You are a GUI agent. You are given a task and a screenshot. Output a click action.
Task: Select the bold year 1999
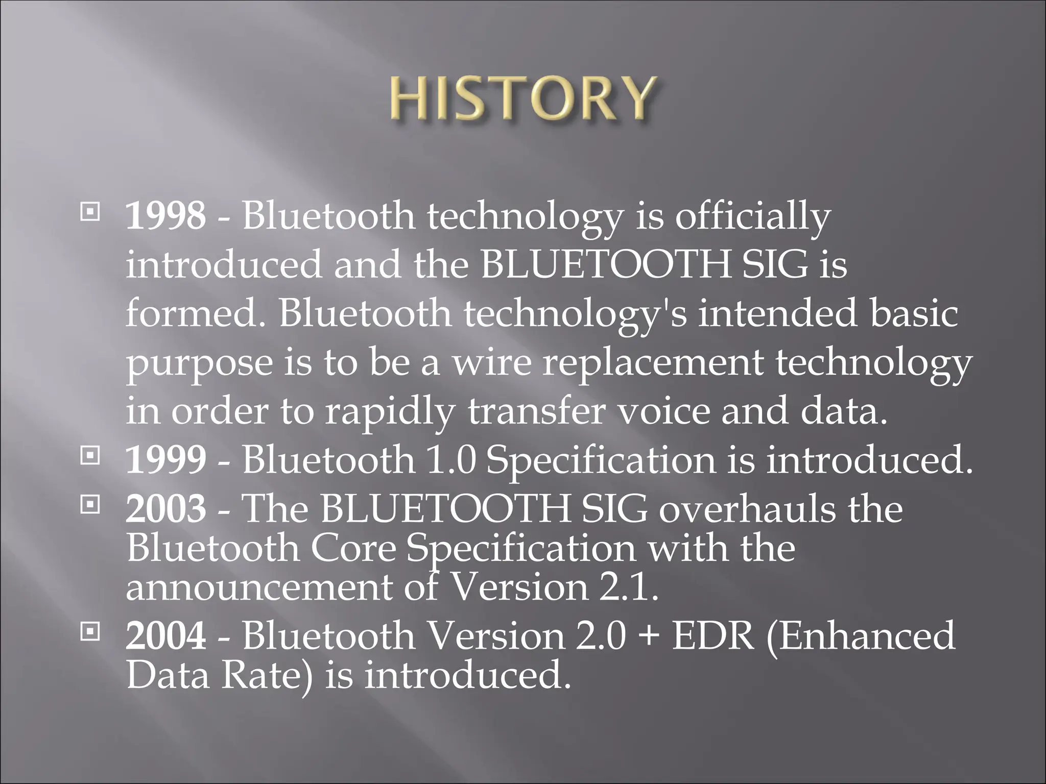click(166, 459)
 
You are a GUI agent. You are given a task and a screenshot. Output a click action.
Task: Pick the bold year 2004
click(166, 636)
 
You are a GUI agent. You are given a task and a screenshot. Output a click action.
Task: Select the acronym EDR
click(713, 636)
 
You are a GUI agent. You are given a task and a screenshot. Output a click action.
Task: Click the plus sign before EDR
click(648, 637)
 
